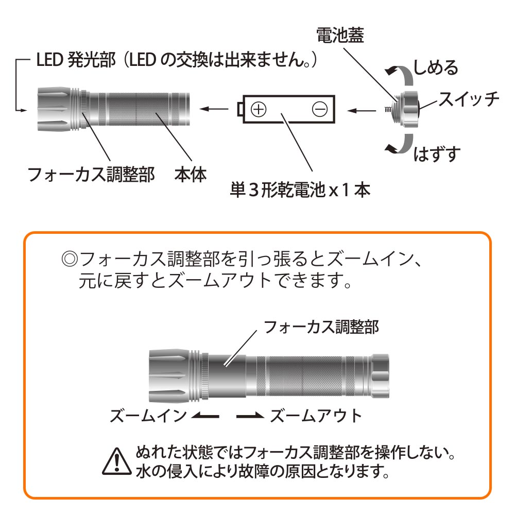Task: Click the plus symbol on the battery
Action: point(259,109)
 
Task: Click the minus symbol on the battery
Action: point(320,109)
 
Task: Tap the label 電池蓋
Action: point(340,35)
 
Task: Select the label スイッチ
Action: point(469,98)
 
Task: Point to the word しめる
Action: point(436,67)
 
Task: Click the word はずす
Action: point(437,154)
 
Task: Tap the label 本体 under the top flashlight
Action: point(191,175)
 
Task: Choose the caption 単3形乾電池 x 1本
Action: point(300,190)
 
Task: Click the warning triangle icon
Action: point(116,461)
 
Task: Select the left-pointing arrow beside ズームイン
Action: point(205,416)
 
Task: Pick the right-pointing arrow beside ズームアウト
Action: point(250,416)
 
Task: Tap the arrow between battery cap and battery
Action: point(362,110)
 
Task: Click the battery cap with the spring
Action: point(402,109)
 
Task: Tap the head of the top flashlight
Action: point(55,109)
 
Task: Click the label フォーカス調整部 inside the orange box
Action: point(321,327)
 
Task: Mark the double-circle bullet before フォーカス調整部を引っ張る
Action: point(70,260)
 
